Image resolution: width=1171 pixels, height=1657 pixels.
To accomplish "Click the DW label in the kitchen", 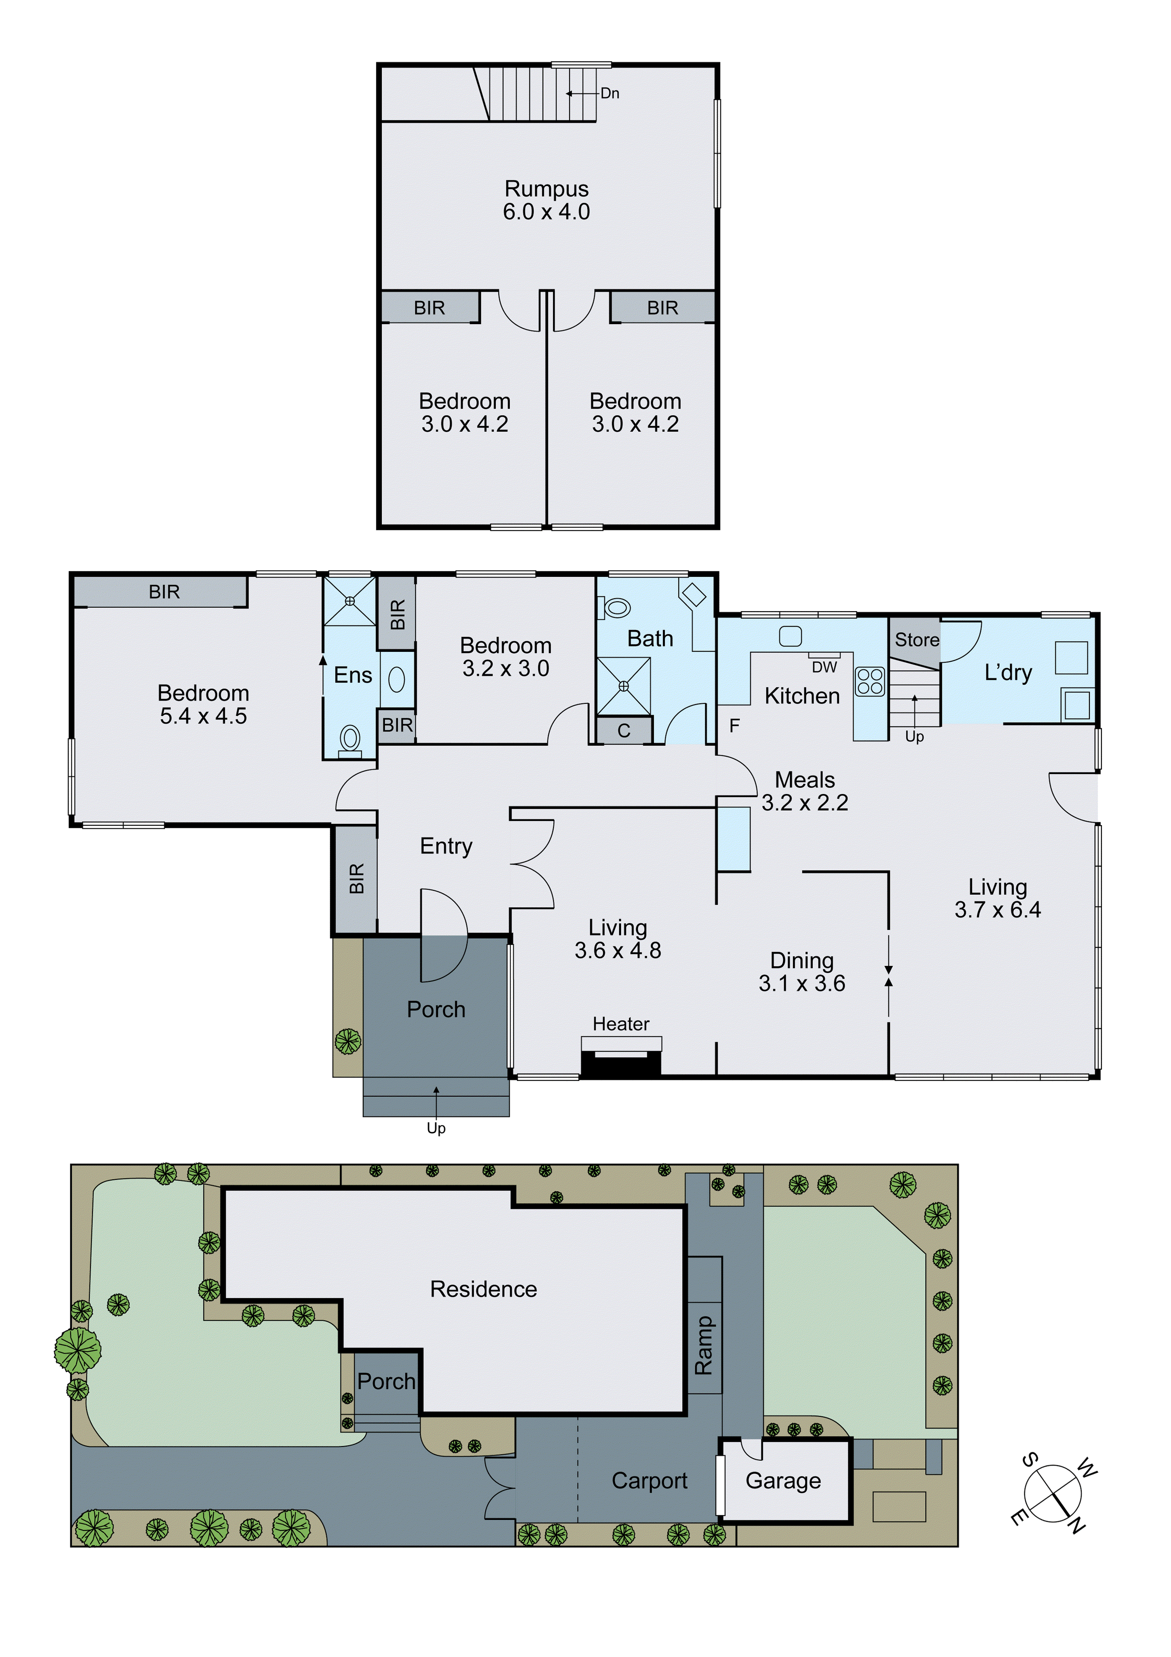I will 824,667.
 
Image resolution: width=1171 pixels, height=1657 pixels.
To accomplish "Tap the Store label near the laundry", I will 917,639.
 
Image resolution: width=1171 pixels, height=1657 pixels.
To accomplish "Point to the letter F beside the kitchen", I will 735,725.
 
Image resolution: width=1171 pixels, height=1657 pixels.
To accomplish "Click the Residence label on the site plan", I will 483,1289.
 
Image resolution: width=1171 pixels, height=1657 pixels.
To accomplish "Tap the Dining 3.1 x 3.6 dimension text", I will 802,983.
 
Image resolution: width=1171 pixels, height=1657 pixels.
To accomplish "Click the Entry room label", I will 446,846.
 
